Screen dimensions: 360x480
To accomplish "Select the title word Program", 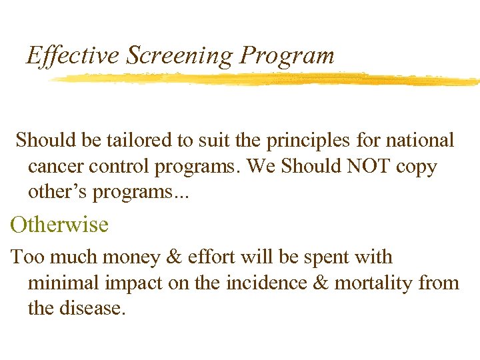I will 287,55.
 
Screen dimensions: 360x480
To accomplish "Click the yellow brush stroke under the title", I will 267,79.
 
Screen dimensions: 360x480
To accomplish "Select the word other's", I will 56,191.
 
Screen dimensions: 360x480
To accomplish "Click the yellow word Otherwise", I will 59,224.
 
